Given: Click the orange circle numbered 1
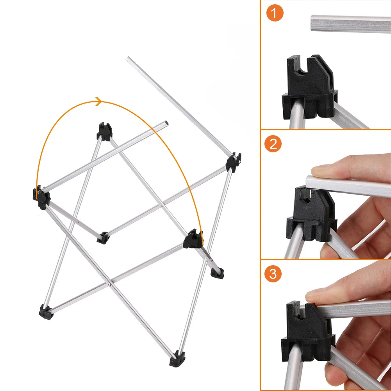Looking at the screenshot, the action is [275, 13].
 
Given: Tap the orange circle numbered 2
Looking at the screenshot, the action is [273, 144].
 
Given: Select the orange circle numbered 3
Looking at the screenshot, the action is [273, 274].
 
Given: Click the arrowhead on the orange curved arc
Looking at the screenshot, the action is [99, 102].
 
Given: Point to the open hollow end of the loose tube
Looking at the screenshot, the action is [165, 123].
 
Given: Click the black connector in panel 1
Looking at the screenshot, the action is [310, 87].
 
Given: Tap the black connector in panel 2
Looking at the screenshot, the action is [312, 214].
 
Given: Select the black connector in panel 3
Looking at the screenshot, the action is [308, 332].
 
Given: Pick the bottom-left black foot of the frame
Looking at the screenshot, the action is [46, 312].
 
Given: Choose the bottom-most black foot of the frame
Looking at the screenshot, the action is [177, 359].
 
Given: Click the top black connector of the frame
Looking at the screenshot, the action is [104, 131].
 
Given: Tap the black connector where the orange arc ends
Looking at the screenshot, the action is [193, 239].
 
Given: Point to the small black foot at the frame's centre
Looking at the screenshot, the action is [103, 237].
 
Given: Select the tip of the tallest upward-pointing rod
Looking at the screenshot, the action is [128, 58].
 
